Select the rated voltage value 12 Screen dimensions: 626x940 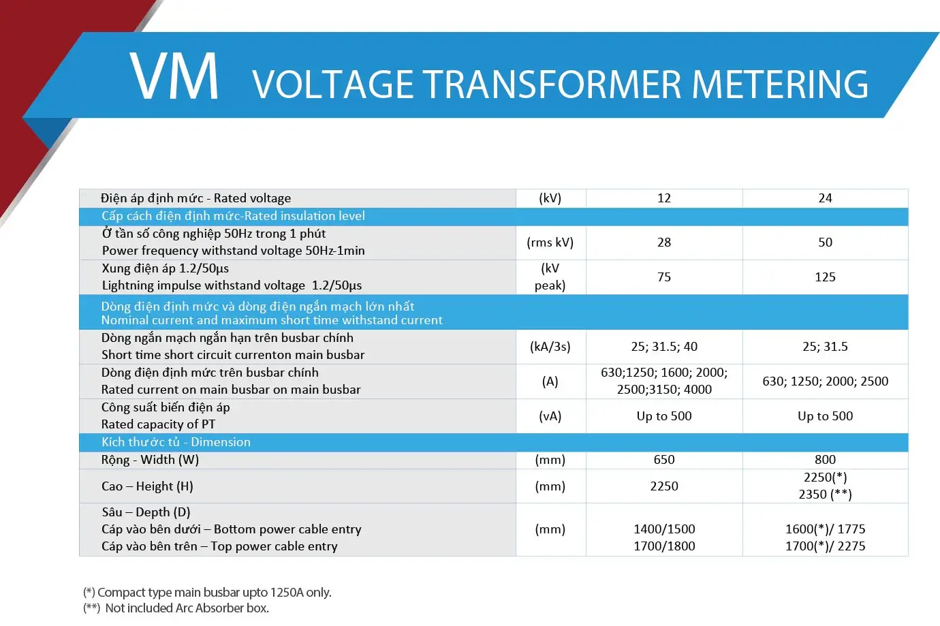point(663,198)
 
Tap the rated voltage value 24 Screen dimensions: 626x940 point(825,198)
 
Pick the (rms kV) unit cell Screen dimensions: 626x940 point(550,242)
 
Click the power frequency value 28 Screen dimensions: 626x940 point(663,242)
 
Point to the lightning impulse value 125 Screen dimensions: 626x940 point(825,277)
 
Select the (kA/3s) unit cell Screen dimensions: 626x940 point(550,347)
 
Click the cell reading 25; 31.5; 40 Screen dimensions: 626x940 point(663,347)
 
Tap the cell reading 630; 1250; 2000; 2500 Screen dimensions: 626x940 point(825,381)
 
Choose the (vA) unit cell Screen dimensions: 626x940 point(550,416)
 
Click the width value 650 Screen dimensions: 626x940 point(663,460)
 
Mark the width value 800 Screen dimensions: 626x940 point(825,460)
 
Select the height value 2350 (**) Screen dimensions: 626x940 point(825,495)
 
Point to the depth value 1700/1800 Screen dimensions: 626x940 point(663,546)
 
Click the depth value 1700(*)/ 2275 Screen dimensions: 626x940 point(825,546)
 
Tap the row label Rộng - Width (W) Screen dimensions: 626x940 point(150,460)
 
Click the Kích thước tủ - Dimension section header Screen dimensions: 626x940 point(176,442)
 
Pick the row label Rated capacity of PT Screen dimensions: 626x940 point(158,424)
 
